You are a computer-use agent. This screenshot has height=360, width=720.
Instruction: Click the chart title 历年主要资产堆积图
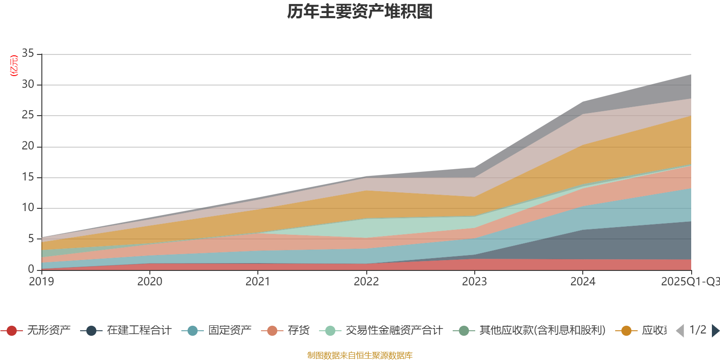(x=360, y=12)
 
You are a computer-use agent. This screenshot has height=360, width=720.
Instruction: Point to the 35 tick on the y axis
(x=28, y=54)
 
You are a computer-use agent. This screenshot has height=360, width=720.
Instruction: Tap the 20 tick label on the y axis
(x=28, y=146)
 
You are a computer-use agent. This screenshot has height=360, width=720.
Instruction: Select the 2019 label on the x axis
(x=41, y=282)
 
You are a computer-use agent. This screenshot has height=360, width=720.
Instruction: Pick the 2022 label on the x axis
(x=366, y=282)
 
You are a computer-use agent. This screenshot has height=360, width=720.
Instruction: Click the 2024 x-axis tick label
(x=583, y=282)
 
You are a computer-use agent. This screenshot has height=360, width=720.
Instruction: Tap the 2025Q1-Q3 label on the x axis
(x=690, y=282)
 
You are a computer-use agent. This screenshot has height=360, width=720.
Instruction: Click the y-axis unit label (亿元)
(x=14, y=66)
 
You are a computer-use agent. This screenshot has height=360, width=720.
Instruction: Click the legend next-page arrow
(x=715, y=331)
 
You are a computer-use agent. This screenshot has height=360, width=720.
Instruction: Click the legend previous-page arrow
(x=680, y=331)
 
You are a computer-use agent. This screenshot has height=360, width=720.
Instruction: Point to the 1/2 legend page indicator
(x=697, y=330)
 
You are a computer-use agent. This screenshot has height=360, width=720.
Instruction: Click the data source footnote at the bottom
(x=360, y=355)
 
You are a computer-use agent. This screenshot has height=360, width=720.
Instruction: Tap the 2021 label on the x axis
(x=257, y=282)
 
